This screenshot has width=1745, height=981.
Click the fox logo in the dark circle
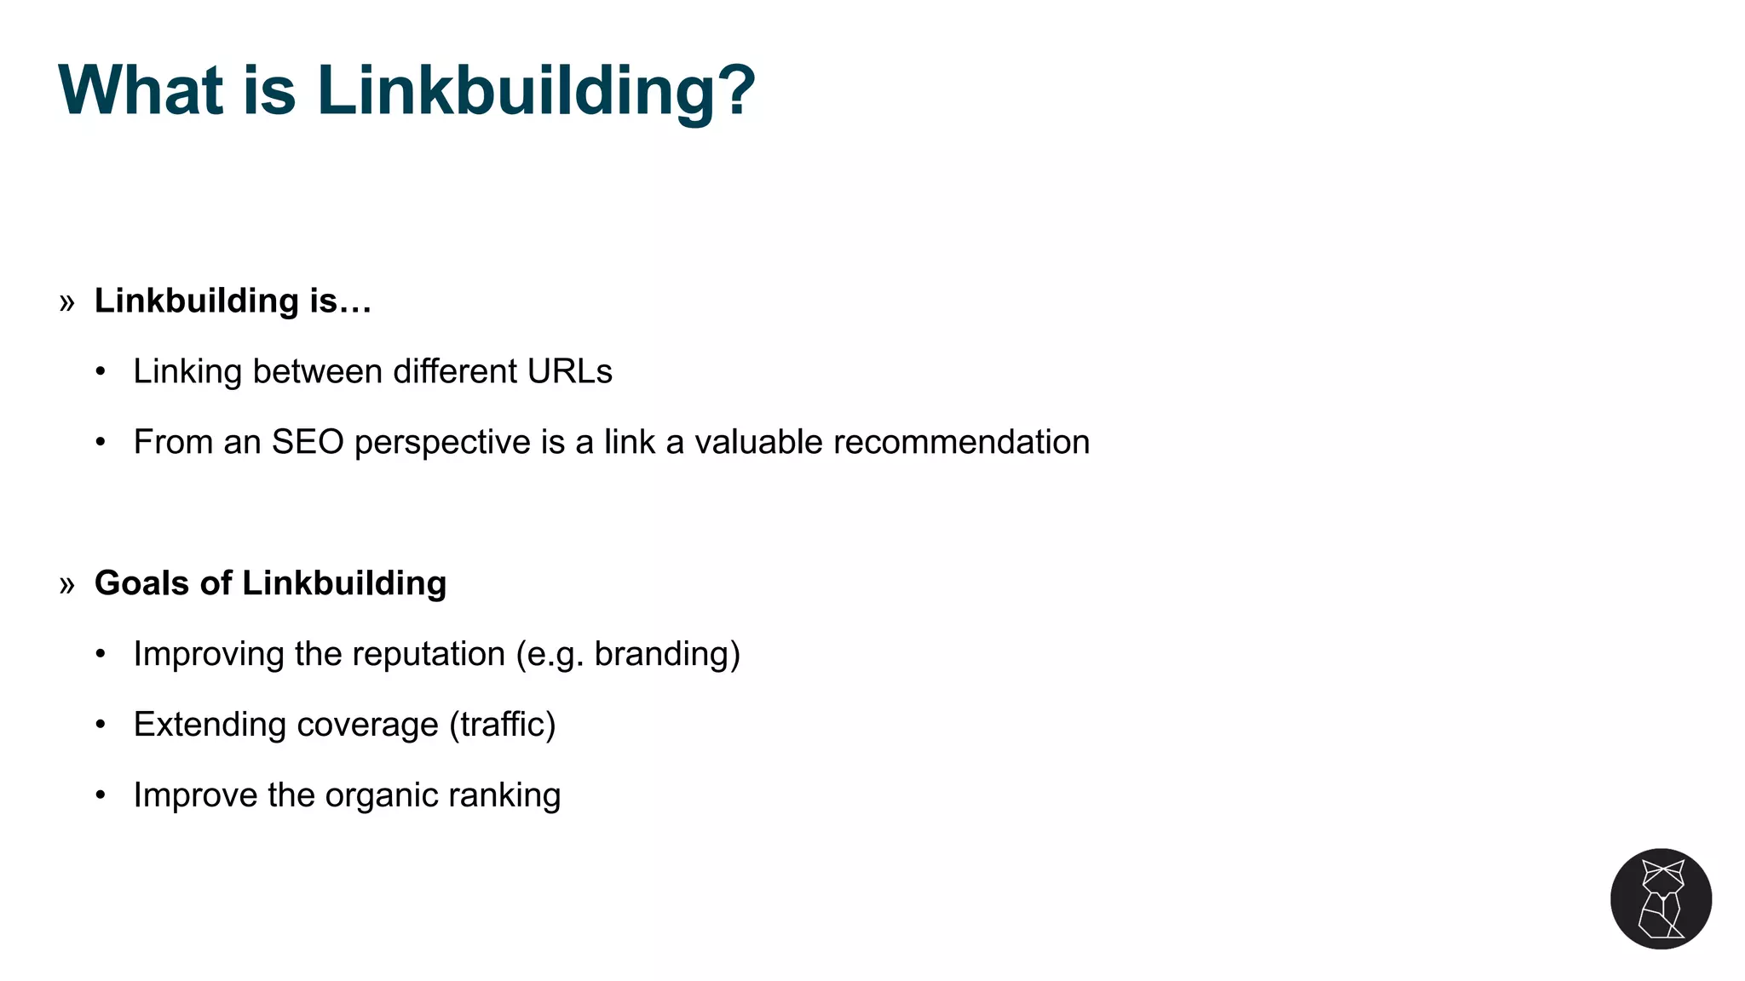[1661, 898]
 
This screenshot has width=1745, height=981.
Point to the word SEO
[308, 442]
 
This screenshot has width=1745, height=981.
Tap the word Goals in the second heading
[142, 583]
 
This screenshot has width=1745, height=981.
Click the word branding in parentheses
[662, 654]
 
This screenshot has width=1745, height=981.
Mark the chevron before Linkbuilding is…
[67, 301]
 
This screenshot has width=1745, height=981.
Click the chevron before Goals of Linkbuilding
[67, 584]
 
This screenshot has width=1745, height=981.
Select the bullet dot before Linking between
[101, 371]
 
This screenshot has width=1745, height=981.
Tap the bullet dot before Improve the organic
[101, 795]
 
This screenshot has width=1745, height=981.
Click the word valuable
[758, 442]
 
